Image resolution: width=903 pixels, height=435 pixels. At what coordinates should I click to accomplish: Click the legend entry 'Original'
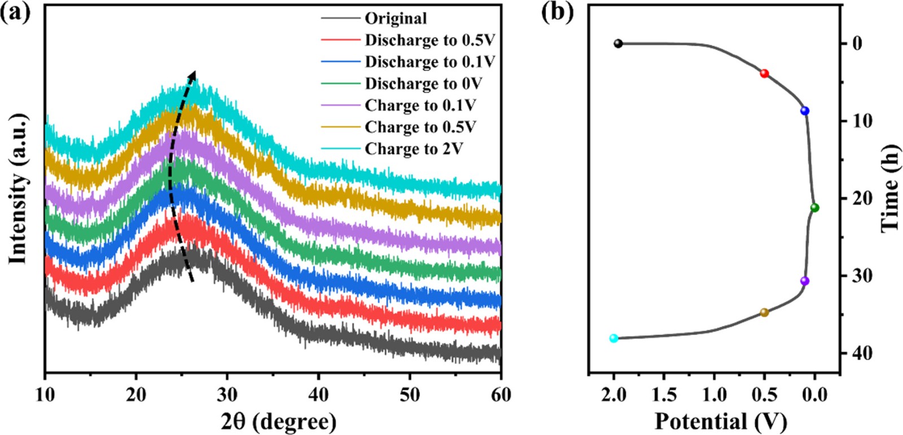396,19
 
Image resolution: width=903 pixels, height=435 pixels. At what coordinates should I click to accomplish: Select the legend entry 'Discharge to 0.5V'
429,40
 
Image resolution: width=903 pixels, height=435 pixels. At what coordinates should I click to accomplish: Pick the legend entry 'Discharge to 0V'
423,84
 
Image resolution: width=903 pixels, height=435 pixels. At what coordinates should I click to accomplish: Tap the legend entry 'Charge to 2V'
414,149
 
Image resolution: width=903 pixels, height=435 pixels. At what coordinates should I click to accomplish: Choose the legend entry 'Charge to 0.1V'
420,106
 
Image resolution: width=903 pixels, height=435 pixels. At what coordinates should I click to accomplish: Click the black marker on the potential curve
618,43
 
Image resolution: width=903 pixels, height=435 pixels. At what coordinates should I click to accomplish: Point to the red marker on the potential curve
764,73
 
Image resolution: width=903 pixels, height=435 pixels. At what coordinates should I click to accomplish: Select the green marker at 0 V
814,208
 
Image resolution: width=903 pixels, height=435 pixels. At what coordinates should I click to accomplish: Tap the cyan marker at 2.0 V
613,339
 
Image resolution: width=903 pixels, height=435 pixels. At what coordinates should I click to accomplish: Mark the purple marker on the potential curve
805,281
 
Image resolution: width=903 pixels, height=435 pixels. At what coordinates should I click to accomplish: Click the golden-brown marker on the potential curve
764,313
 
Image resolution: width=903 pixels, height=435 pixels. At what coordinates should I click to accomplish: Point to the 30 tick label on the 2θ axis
227,394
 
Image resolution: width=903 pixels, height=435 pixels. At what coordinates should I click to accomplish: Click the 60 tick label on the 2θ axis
500,394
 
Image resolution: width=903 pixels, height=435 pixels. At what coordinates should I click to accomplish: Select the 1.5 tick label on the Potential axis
664,394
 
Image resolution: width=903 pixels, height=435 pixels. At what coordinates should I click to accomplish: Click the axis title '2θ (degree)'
278,421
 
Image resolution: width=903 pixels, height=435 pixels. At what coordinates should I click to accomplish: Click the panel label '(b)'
557,11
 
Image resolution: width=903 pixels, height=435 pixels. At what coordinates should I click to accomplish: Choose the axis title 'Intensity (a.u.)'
18,189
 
